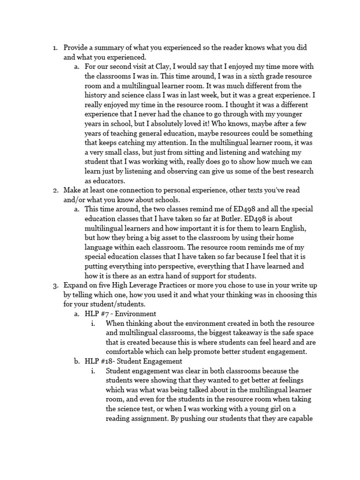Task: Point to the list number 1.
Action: (x=55, y=47)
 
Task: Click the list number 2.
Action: (x=55, y=190)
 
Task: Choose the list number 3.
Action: (x=55, y=285)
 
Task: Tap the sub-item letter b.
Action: (x=77, y=361)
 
